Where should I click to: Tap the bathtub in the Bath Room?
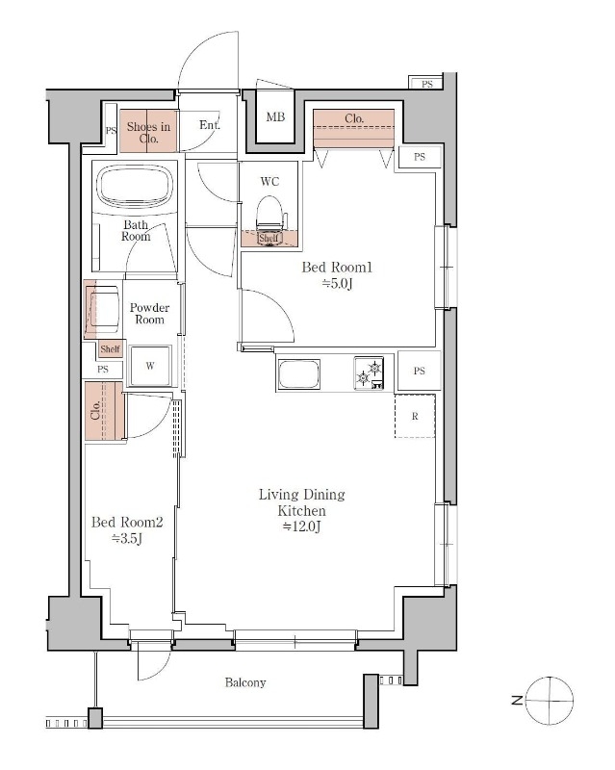(135, 188)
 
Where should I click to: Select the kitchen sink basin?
(299, 374)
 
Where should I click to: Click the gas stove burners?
(369, 372)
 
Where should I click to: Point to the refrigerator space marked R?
(415, 416)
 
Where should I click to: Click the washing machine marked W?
(150, 366)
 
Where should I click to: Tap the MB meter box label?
(275, 116)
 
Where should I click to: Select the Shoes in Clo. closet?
(148, 130)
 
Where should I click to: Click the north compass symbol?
(549, 701)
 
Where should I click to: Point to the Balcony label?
(245, 682)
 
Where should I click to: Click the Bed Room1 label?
(337, 268)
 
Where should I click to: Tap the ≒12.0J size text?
(301, 526)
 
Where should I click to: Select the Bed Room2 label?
(127, 522)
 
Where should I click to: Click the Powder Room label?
(149, 314)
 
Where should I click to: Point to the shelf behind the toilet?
(269, 238)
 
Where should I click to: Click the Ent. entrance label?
(210, 125)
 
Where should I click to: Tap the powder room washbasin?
(102, 309)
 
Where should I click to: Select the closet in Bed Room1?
(353, 128)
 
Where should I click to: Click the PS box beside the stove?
(419, 371)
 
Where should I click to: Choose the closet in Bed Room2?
(104, 411)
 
